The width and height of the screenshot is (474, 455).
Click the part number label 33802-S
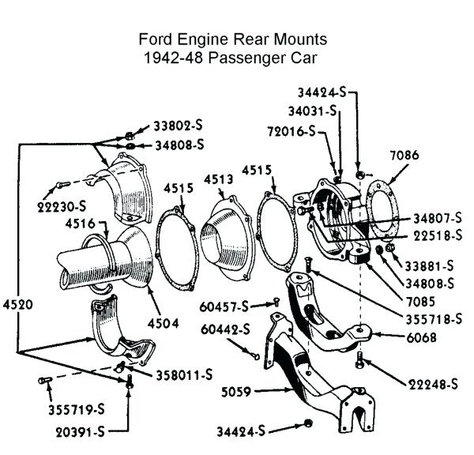(179, 126)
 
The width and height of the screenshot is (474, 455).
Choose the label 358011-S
(184, 374)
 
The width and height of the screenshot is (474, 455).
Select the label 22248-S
(433, 385)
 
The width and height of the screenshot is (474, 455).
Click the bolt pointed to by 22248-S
(361, 361)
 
